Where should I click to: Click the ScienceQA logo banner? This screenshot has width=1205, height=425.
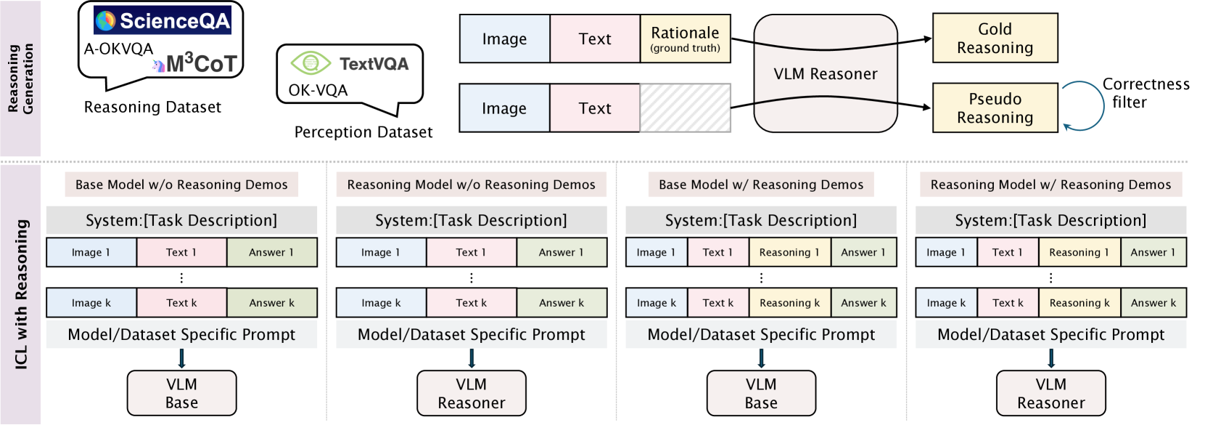pos(163,21)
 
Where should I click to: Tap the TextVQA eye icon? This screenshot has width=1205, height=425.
pos(310,63)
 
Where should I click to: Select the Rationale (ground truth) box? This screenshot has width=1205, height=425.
pos(685,39)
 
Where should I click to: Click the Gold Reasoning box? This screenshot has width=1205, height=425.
pos(995,38)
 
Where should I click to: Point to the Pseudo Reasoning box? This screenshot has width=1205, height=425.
pos(995,108)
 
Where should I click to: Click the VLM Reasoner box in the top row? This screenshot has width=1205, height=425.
pos(826,73)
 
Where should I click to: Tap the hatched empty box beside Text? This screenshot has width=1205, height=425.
pos(685,108)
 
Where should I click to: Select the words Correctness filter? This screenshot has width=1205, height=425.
pos(1146,93)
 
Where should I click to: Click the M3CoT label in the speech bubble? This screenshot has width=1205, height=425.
pos(200,64)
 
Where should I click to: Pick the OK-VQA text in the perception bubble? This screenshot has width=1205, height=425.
pos(318,90)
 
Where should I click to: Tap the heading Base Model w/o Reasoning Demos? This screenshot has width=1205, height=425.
pos(181,185)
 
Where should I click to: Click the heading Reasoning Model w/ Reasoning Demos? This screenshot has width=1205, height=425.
pos(1050,185)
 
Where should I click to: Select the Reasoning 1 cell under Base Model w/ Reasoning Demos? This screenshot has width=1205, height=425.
pos(789,252)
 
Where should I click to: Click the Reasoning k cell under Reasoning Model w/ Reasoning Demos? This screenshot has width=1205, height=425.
pos(1079,303)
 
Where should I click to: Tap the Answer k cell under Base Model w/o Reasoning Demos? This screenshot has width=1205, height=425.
pos(271,303)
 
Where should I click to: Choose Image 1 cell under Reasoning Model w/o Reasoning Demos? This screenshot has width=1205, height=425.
pos(381,252)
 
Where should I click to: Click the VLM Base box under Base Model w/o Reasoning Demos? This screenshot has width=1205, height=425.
pos(181,393)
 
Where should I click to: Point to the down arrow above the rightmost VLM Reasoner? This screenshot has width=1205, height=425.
pos(1050,358)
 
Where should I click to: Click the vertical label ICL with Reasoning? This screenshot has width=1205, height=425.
pos(21,294)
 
